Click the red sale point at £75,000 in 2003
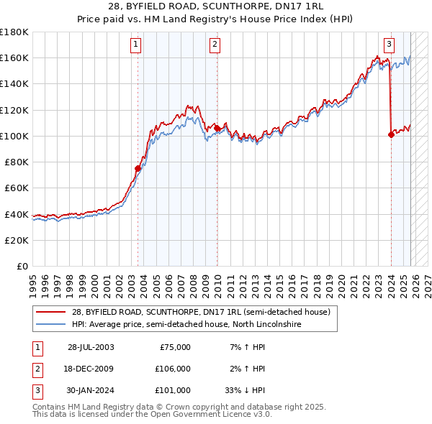[138, 168]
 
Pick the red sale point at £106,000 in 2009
[217, 128]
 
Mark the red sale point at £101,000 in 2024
[391, 134]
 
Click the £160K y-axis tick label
[14, 57]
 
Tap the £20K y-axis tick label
[17, 240]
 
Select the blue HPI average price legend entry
[186, 325]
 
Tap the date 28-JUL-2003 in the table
[91, 347]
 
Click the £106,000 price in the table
[173, 369]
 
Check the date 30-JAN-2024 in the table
[91, 390]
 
